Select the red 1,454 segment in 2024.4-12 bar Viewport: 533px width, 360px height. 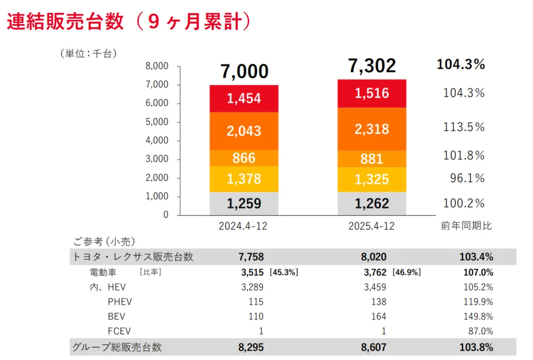244,99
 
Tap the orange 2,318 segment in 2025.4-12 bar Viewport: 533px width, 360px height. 372,129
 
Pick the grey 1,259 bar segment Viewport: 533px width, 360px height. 244,203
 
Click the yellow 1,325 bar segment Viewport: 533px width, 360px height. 372,180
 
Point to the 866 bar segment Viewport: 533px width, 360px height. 244,158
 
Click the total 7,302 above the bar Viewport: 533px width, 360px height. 372,66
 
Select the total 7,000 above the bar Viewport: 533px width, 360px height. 244,72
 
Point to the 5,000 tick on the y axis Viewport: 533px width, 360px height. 158,122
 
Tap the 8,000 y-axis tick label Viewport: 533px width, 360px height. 158,66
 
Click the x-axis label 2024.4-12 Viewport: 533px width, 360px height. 243,226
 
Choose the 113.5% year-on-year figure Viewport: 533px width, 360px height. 464,127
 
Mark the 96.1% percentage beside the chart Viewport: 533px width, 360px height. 467,178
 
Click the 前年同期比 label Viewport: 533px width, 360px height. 466,226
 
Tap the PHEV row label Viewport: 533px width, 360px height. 119,302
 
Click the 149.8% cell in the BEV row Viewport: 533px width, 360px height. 476,317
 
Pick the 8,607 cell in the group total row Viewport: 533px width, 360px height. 374,347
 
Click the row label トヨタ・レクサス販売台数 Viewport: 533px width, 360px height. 133,257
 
